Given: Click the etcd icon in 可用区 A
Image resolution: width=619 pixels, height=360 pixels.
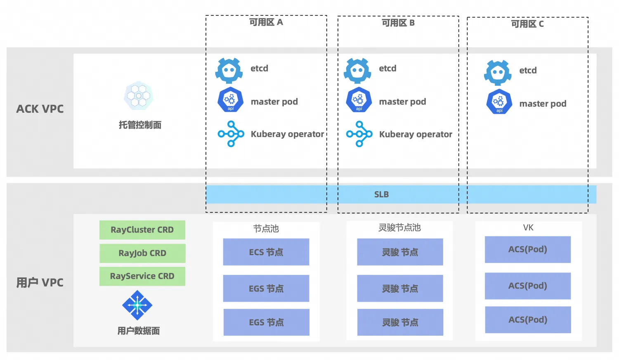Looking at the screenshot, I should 229,71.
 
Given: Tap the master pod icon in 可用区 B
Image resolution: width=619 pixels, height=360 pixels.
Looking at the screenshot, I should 359,100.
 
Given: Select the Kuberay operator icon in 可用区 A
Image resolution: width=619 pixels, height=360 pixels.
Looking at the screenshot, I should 231,134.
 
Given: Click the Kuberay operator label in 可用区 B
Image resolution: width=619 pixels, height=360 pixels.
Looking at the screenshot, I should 416,134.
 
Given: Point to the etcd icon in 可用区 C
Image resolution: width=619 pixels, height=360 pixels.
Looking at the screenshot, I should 498,73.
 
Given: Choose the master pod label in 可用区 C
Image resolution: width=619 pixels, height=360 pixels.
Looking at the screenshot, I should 543,104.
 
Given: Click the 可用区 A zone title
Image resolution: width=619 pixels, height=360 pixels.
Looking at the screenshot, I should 266,22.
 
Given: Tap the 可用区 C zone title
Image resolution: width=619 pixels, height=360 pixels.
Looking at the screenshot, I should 527,24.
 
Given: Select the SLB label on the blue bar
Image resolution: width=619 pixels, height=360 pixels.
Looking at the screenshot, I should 381,194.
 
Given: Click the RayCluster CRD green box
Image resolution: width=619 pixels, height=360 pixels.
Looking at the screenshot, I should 142,230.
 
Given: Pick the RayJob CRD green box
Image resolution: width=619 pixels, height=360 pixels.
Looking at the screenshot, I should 142,253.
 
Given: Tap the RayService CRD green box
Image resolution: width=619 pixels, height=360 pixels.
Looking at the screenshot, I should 142,276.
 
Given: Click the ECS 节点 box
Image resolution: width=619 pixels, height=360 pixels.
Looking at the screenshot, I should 266,252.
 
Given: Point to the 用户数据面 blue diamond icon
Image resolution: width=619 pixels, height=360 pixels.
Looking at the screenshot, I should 137,305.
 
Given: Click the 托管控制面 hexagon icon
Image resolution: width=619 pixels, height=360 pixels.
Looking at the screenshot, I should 139,96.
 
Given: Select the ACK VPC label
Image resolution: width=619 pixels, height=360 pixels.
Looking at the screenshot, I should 40,109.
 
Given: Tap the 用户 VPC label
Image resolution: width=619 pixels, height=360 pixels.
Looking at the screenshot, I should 40,283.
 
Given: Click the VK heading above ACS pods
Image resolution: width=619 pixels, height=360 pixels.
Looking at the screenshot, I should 528,227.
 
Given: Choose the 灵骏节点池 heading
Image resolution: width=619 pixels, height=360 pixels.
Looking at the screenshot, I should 399,227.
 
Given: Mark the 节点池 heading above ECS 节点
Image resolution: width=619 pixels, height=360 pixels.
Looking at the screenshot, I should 266,228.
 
